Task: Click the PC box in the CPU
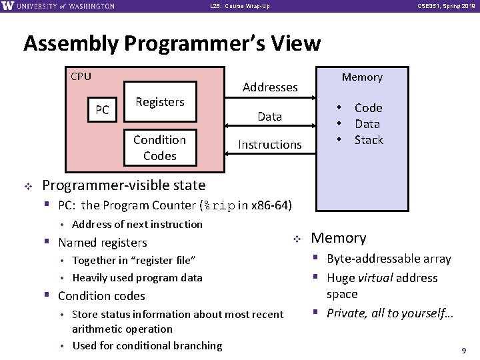[102, 110]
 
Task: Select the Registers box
[159, 102]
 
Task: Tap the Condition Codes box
[159, 147]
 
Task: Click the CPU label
[81, 76]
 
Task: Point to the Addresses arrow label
[270, 87]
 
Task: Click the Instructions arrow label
[270, 145]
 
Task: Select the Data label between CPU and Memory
[270, 117]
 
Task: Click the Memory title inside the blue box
[362, 77]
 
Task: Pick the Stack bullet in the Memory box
[368, 140]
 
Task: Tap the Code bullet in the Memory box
[368, 108]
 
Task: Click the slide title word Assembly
[69, 44]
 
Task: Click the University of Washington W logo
[8, 6]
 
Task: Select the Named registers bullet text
[103, 243]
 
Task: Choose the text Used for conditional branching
[147, 345]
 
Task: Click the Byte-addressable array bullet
[389, 259]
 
